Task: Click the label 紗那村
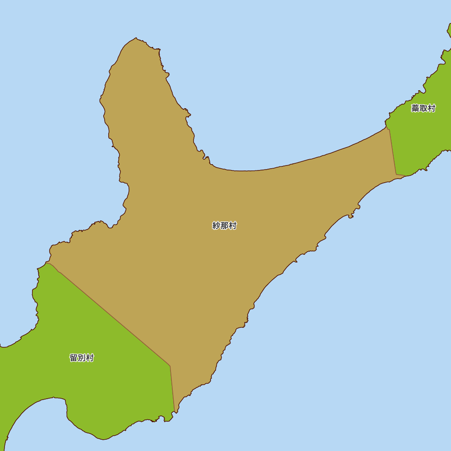[x=224, y=226]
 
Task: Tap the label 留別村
[x=82, y=358]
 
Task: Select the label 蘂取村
[x=423, y=109]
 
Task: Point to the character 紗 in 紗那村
[x=216, y=226]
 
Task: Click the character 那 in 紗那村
[x=224, y=226]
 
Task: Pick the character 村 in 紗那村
[x=232, y=226]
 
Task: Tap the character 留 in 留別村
[x=74, y=358]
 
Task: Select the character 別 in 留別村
[x=82, y=358]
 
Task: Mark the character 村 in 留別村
[x=90, y=358]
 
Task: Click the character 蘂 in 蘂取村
[x=415, y=109]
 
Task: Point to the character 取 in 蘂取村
[x=423, y=109]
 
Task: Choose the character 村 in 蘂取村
[x=431, y=109]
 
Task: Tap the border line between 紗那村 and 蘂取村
[x=393, y=152]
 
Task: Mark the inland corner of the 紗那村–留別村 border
[x=170, y=366]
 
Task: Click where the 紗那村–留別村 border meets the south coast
[x=175, y=412]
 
